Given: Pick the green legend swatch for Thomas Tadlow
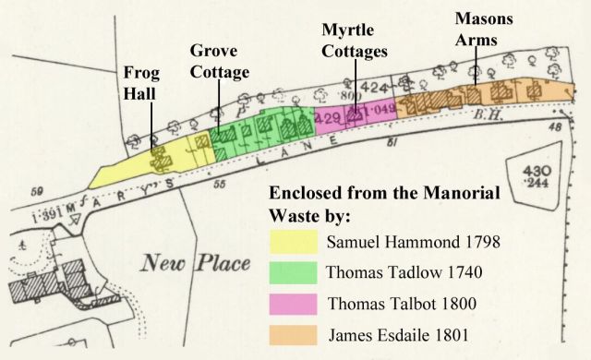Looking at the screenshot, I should pos(293,274).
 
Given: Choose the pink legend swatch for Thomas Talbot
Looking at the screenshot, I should pos(293,304).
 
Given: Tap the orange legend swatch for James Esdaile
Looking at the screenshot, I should pos(293,333).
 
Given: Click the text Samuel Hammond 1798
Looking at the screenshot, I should pos(414,244).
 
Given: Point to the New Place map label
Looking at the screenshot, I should pos(196,263).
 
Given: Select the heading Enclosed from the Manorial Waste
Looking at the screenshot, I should pos(383,204).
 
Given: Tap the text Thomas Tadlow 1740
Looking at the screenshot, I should pos(403,274).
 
